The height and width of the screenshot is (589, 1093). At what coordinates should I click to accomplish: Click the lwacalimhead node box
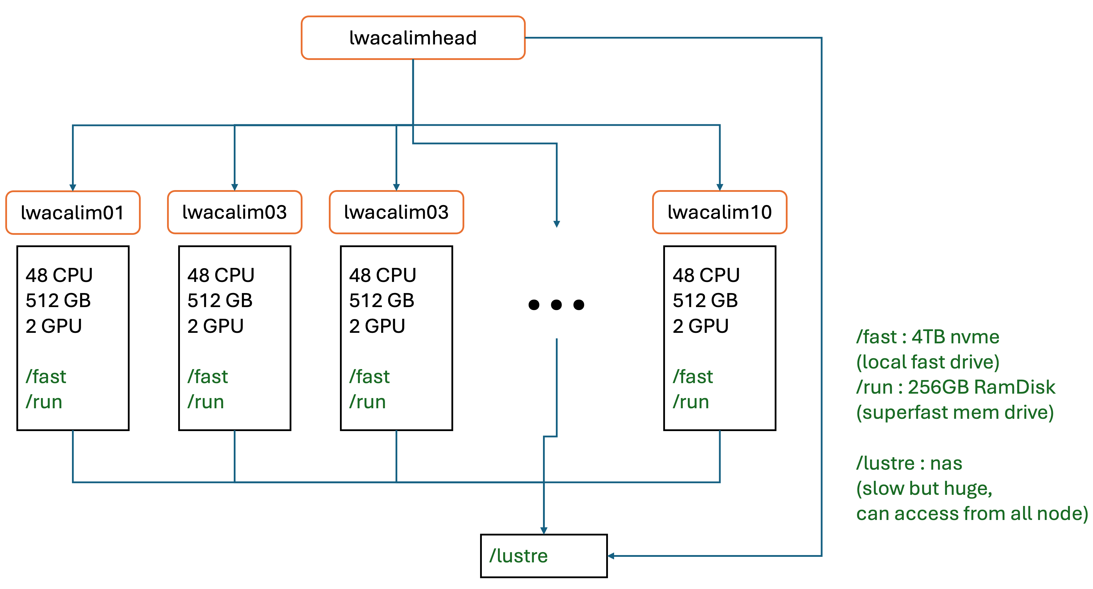(413, 38)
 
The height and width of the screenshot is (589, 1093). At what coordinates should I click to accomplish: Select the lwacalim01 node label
(73, 212)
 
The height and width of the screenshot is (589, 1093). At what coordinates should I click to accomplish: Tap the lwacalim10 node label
(720, 212)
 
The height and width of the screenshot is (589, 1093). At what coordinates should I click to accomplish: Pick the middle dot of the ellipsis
(556, 304)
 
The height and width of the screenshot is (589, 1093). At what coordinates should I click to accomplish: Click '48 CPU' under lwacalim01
(59, 275)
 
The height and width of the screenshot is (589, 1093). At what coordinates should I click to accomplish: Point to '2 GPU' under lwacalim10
(700, 326)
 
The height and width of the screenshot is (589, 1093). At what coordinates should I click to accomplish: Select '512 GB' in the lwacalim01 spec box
(58, 301)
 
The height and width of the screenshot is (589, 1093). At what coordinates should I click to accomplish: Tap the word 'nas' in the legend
(946, 464)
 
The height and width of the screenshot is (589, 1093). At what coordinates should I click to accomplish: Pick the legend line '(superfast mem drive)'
(955, 413)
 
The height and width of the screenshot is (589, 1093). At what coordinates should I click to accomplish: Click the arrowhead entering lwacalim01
(73, 187)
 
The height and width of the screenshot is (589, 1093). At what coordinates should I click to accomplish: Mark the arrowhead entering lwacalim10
(720, 187)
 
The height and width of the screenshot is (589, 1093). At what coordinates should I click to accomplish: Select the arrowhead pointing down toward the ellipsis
(557, 224)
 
